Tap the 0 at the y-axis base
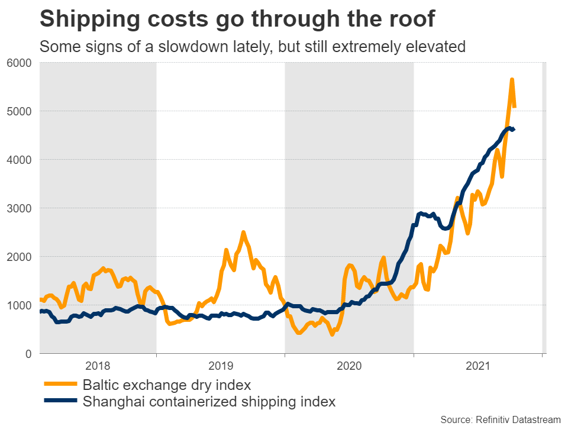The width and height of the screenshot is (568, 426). pyautogui.click(x=28, y=354)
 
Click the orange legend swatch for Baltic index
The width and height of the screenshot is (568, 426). pyautogui.click(x=60, y=385)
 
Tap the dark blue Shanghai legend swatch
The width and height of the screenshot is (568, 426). pyautogui.click(x=60, y=402)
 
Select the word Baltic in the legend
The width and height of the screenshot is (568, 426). pyautogui.click(x=99, y=385)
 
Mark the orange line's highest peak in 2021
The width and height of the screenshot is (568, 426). pyautogui.click(x=512, y=80)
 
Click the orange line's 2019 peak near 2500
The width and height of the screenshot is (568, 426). pyautogui.click(x=243, y=233)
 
